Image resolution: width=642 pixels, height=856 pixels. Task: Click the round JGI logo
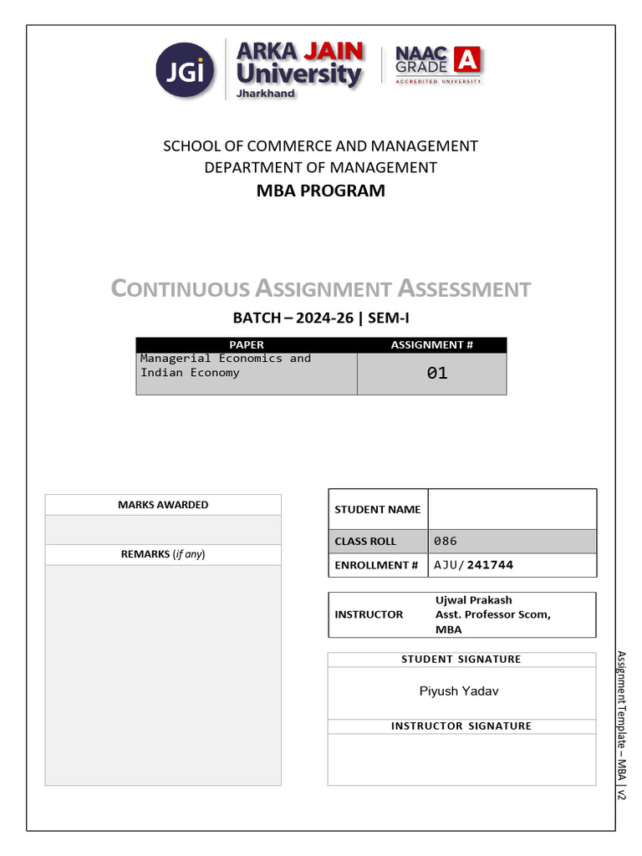(x=185, y=70)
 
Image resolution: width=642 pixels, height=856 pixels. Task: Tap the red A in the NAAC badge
(x=468, y=61)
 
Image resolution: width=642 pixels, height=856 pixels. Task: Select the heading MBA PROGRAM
(x=321, y=191)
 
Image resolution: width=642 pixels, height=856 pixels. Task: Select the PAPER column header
(x=246, y=344)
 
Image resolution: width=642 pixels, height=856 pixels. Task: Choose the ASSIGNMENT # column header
(x=431, y=344)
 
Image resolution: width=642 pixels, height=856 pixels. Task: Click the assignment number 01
(x=437, y=374)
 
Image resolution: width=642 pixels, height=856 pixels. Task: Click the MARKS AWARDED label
(x=163, y=505)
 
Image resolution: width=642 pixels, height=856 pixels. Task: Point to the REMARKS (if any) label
(x=163, y=554)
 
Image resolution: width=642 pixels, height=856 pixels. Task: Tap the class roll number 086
(x=446, y=541)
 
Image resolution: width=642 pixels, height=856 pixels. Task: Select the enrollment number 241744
(x=491, y=565)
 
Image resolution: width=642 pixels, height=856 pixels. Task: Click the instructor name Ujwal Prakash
(x=474, y=600)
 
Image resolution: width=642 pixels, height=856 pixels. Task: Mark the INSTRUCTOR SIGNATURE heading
(x=461, y=726)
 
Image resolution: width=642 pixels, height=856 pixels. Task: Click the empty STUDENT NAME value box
(x=512, y=509)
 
